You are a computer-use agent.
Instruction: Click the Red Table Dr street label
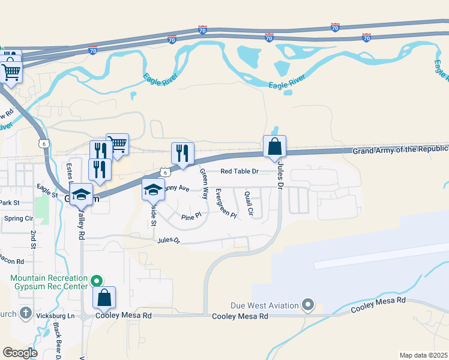pyautogui.click(x=239, y=172)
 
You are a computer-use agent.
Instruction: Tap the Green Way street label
pyautogui.click(x=204, y=184)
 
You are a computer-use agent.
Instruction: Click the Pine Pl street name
pyautogui.click(x=190, y=215)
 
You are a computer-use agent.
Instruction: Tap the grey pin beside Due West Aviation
pyautogui.click(x=308, y=305)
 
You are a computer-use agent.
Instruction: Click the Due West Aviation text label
pyautogui.click(x=265, y=305)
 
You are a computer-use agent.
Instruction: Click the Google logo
pyautogui.click(x=20, y=353)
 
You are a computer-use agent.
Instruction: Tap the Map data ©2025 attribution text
pyautogui.click(x=423, y=355)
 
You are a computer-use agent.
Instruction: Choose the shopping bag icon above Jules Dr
pyautogui.click(x=274, y=146)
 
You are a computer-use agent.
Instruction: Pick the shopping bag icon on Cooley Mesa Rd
pyautogui.click(x=104, y=298)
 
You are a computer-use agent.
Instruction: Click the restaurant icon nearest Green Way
pyautogui.click(x=182, y=153)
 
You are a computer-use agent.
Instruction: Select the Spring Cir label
pyautogui.click(x=18, y=218)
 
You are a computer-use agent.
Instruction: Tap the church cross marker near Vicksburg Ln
pyautogui.click(x=25, y=313)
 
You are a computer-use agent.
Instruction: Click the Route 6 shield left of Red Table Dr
pyautogui.click(x=165, y=172)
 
